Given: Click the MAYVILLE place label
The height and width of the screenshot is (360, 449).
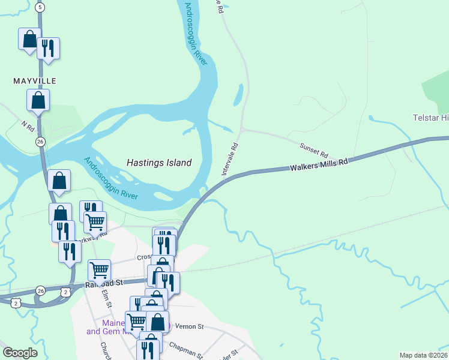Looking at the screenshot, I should coord(35,80).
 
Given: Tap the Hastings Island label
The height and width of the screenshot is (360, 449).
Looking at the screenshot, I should coord(159,163).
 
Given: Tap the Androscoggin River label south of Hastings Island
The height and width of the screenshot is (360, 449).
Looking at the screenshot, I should coord(111,179).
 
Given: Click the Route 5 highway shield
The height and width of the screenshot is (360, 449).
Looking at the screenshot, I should coord(40,7).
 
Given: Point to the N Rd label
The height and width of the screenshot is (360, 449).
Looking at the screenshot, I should coord(28,127).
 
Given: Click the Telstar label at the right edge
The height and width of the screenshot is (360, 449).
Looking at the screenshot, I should coord(430,118).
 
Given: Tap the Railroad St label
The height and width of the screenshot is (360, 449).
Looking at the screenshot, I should coord(104,282).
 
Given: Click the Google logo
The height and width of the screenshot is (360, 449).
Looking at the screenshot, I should coord(20,352).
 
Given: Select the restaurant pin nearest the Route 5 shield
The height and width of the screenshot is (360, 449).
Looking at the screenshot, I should coord(48,48).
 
